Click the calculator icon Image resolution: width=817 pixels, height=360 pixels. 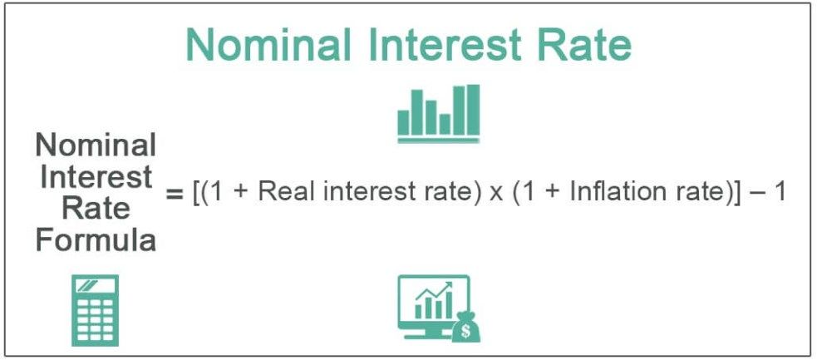tap(94, 310)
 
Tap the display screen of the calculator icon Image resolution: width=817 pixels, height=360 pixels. tap(94, 286)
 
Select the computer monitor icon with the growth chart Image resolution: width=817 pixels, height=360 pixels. tap(432, 305)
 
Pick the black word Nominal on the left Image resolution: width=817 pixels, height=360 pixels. tap(96, 146)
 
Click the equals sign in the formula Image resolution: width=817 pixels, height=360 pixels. tap(173, 194)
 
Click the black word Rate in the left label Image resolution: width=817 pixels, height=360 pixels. tap(96, 210)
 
